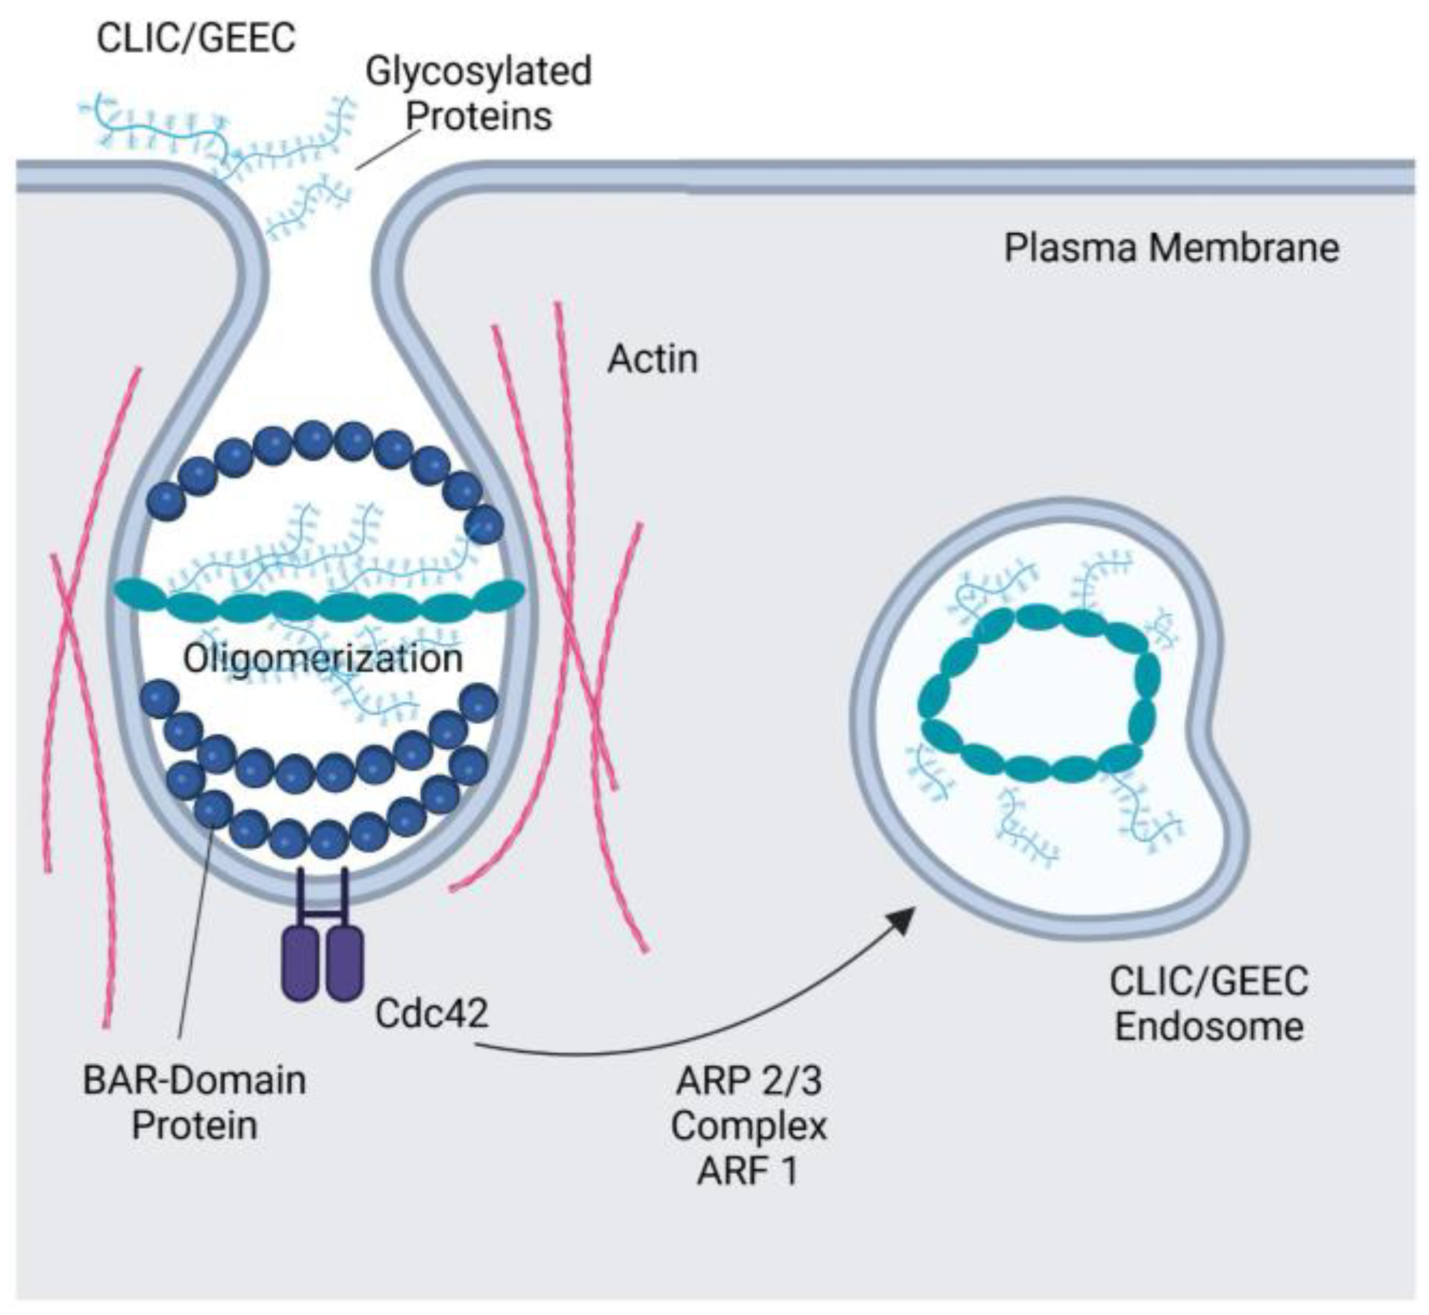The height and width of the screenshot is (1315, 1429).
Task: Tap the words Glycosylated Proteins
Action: click(478, 93)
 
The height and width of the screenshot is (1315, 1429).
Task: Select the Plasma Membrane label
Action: click(1171, 249)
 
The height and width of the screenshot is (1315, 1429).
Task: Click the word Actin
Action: click(652, 359)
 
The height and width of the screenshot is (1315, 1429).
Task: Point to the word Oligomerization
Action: click(323, 658)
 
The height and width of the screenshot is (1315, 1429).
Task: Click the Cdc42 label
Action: click(431, 1013)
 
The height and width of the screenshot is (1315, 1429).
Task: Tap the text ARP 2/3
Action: click(749, 1080)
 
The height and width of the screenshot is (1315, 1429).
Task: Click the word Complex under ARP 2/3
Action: click(749, 1126)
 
